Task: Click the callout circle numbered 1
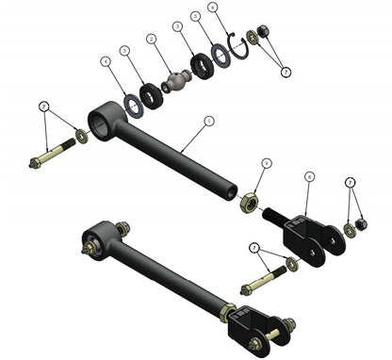click(x=209, y=121)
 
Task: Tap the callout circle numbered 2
click(x=151, y=40)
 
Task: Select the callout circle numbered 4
click(x=106, y=62)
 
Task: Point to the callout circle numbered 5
click(x=195, y=16)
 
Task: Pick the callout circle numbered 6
click(x=213, y=8)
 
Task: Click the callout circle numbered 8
click(x=309, y=176)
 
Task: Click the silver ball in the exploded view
click(x=174, y=82)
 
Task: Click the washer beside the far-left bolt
click(x=83, y=138)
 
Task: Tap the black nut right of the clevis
click(x=360, y=225)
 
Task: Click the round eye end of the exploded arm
click(x=101, y=120)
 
